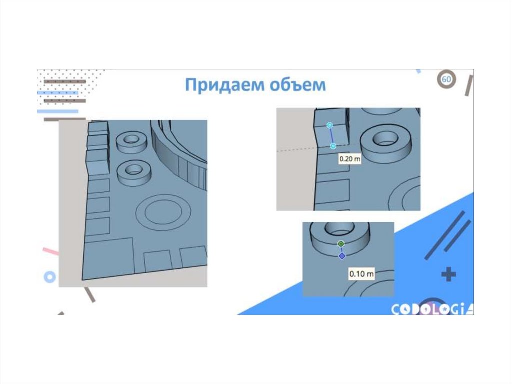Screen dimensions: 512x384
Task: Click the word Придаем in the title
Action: (x=224, y=85)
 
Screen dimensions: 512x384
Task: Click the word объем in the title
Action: (x=298, y=85)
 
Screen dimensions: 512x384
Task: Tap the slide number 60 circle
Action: (x=446, y=79)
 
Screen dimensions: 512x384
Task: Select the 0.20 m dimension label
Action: (x=350, y=159)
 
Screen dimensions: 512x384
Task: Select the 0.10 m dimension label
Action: (x=361, y=273)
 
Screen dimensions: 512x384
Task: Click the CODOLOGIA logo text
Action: (x=432, y=309)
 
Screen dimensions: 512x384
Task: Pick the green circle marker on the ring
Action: (x=341, y=244)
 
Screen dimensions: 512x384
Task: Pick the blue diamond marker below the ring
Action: (x=342, y=256)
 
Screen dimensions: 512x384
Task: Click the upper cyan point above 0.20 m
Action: (x=330, y=125)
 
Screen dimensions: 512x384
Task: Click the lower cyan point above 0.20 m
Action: (x=333, y=146)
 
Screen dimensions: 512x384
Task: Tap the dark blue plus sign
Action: (x=448, y=274)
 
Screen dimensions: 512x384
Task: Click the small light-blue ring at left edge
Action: (x=50, y=277)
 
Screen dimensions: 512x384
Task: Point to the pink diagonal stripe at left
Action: (x=51, y=251)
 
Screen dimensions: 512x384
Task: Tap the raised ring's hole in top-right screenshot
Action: (x=386, y=139)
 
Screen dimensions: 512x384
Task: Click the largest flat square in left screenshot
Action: (x=108, y=258)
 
